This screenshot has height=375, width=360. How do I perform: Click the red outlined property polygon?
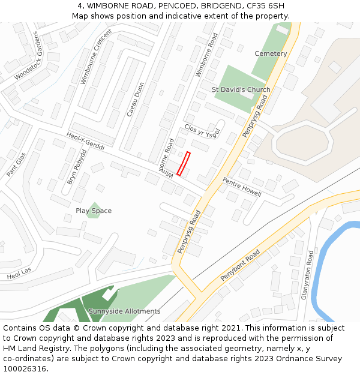click(x=184, y=163)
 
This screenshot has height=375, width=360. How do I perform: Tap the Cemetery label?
click(x=271, y=54)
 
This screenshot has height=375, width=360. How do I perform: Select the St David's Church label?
click(x=241, y=90)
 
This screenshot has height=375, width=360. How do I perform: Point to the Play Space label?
click(x=94, y=211)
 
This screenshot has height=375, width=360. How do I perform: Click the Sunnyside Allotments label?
click(x=124, y=311)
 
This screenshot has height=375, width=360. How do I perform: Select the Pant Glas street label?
click(x=16, y=164)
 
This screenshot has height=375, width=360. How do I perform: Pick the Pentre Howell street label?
click(x=242, y=187)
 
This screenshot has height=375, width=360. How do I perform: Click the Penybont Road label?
click(x=240, y=265)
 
